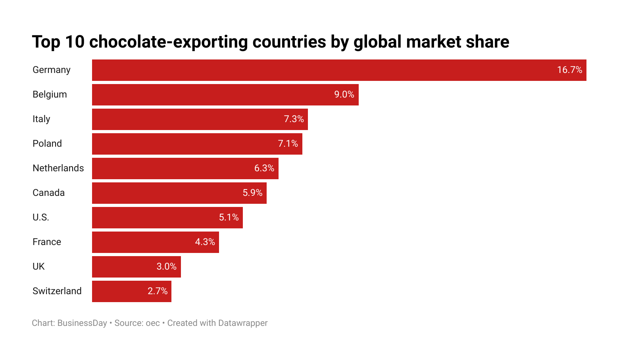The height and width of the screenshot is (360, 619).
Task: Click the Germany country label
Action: [x=51, y=70]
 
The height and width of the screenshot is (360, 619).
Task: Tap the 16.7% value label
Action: [x=569, y=70]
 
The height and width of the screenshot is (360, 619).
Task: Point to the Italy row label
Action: [x=41, y=119]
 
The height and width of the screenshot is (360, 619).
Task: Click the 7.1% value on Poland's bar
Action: [x=288, y=144]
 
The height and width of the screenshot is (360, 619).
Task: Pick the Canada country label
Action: [x=48, y=193]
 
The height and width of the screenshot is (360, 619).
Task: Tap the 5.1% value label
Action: [x=229, y=218]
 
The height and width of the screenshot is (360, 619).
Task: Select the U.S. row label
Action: [x=41, y=218]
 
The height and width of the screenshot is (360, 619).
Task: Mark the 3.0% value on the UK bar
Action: [x=166, y=267]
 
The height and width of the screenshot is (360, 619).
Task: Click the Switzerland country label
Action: [x=57, y=291]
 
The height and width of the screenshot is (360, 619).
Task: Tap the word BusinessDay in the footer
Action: [x=82, y=323]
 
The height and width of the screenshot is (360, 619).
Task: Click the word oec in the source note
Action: [x=153, y=323]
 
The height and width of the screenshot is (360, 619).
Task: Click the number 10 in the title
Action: [x=75, y=42]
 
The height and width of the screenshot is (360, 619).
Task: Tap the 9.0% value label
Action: [x=344, y=95]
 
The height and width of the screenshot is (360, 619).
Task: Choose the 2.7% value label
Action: [x=158, y=291]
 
